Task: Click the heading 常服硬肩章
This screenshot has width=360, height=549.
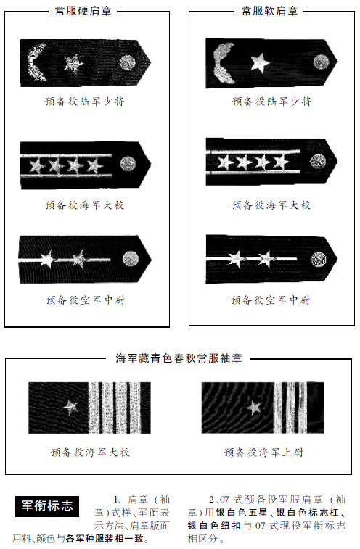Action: click(x=83, y=11)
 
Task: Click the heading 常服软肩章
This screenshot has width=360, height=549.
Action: click(x=269, y=11)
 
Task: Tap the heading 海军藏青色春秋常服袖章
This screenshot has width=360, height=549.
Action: click(x=179, y=358)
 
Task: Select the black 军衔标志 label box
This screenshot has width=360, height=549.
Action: click(x=47, y=506)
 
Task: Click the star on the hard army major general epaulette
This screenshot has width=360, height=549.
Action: click(x=73, y=64)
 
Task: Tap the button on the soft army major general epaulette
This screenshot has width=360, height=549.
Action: click(x=321, y=62)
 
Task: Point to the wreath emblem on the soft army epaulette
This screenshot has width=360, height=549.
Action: click(x=223, y=63)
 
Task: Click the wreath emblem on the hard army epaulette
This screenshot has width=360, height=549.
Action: click(x=36, y=63)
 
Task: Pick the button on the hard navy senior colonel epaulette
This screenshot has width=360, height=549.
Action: click(x=128, y=164)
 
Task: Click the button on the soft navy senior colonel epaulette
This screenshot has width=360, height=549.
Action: click(x=318, y=162)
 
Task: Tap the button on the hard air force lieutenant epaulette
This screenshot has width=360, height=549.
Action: click(x=131, y=259)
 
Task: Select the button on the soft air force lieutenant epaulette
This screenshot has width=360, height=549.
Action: click(x=319, y=260)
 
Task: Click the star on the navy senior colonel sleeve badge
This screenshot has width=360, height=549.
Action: click(x=71, y=408)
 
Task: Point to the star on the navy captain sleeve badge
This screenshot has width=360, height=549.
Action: click(x=254, y=407)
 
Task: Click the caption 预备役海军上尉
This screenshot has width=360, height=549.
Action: click(x=263, y=453)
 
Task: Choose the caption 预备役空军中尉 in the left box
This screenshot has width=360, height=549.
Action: click(x=85, y=300)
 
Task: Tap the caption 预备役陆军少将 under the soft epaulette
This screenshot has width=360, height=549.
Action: click(x=271, y=102)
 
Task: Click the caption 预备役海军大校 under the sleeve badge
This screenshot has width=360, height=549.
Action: click(x=90, y=453)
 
